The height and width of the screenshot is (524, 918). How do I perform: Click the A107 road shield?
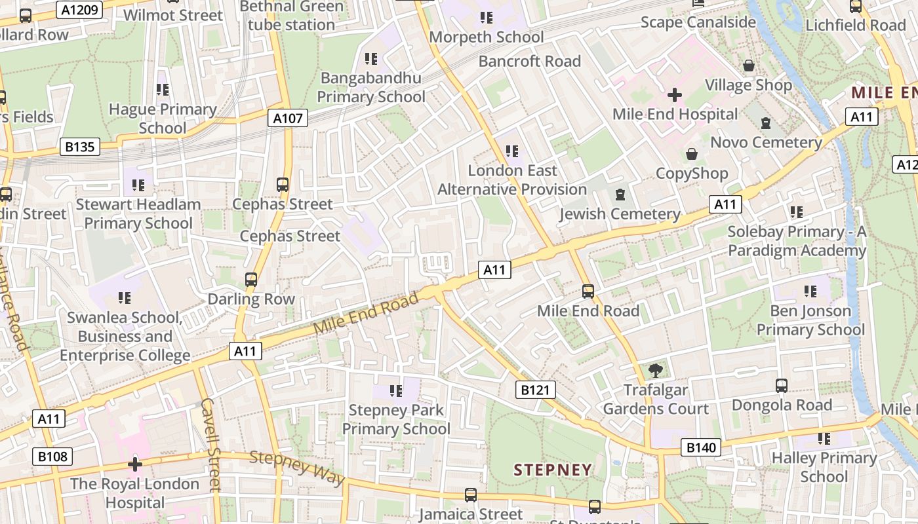tap(288, 118)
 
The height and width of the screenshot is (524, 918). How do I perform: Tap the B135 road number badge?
tap(80, 147)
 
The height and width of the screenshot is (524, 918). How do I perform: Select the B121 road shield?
tap(535, 390)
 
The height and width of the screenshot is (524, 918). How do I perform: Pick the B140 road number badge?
tap(701, 447)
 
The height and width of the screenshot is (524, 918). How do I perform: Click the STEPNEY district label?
tap(553, 470)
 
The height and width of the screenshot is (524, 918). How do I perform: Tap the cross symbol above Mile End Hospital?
tap(674, 96)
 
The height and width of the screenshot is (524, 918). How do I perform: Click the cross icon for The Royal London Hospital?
tap(135, 464)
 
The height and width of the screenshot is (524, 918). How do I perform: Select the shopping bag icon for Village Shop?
tap(748, 65)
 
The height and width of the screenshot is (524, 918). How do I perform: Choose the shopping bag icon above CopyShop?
tap(691, 154)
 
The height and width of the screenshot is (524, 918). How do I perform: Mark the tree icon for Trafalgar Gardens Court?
tap(655, 371)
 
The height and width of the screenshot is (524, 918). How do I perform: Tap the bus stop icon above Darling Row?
tap(250, 280)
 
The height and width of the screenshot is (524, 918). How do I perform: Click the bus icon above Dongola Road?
tap(781, 385)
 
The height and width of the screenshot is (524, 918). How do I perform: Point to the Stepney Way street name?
tap(297, 468)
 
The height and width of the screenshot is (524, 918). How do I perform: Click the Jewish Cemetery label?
tap(620, 214)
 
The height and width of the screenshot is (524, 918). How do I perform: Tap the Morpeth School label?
tap(486, 37)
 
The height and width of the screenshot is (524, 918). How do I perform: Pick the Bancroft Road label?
tap(529, 62)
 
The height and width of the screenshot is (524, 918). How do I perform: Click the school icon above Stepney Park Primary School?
tap(395, 391)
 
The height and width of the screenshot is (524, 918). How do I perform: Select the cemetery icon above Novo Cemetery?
tap(765, 122)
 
